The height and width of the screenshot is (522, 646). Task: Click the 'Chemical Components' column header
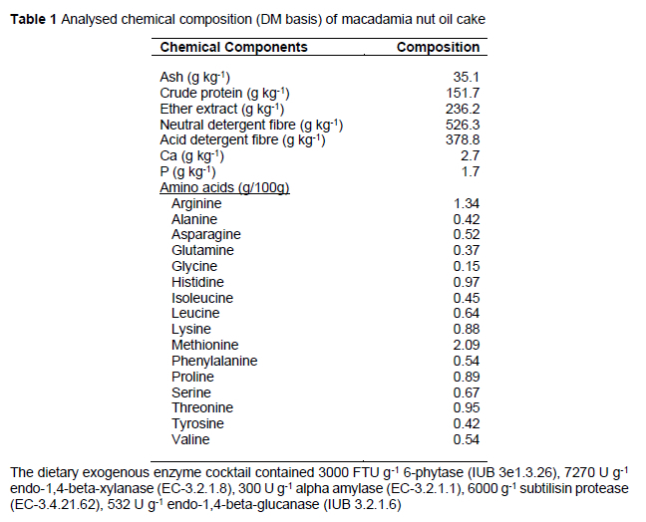tap(233, 47)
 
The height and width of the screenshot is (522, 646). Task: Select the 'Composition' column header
tap(438, 47)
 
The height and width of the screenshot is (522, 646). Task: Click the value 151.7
tap(464, 93)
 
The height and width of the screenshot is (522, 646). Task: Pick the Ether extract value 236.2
tap(464, 109)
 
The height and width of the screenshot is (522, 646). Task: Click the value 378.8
tap(464, 140)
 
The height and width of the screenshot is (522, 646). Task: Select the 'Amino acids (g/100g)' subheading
tap(224, 188)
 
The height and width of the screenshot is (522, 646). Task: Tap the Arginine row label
tap(196, 204)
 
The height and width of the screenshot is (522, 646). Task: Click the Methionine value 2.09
tap(467, 345)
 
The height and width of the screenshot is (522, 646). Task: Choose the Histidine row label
tap(196, 282)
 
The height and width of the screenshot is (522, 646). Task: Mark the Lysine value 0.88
tap(467, 329)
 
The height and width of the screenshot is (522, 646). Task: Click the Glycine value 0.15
tap(467, 266)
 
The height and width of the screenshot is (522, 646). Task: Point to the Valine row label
tap(190, 439)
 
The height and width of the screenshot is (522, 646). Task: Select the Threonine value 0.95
tap(467, 407)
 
